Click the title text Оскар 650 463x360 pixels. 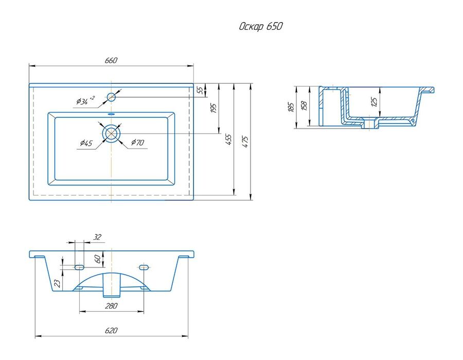coord(261,26)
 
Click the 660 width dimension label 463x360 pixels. coord(111,60)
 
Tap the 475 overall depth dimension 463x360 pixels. coord(245,141)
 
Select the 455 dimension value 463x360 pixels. coord(229,139)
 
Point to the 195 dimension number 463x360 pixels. coord(213,108)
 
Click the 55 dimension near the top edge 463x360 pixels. coord(200,91)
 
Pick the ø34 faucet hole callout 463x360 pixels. coord(85,101)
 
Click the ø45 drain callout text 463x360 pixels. coord(86,143)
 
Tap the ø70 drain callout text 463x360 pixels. coord(137,142)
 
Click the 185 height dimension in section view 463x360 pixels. coord(291,107)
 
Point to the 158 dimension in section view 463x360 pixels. coord(305,105)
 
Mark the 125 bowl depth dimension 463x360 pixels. coord(374,102)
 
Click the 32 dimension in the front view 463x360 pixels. coord(97,237)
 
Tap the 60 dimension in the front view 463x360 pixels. coord(97,259)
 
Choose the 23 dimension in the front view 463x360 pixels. coord(58,283)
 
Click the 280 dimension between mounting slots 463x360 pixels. coord(111,306)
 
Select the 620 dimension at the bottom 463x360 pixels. coord(111,331)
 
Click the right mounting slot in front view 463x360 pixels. coord(144,267)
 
